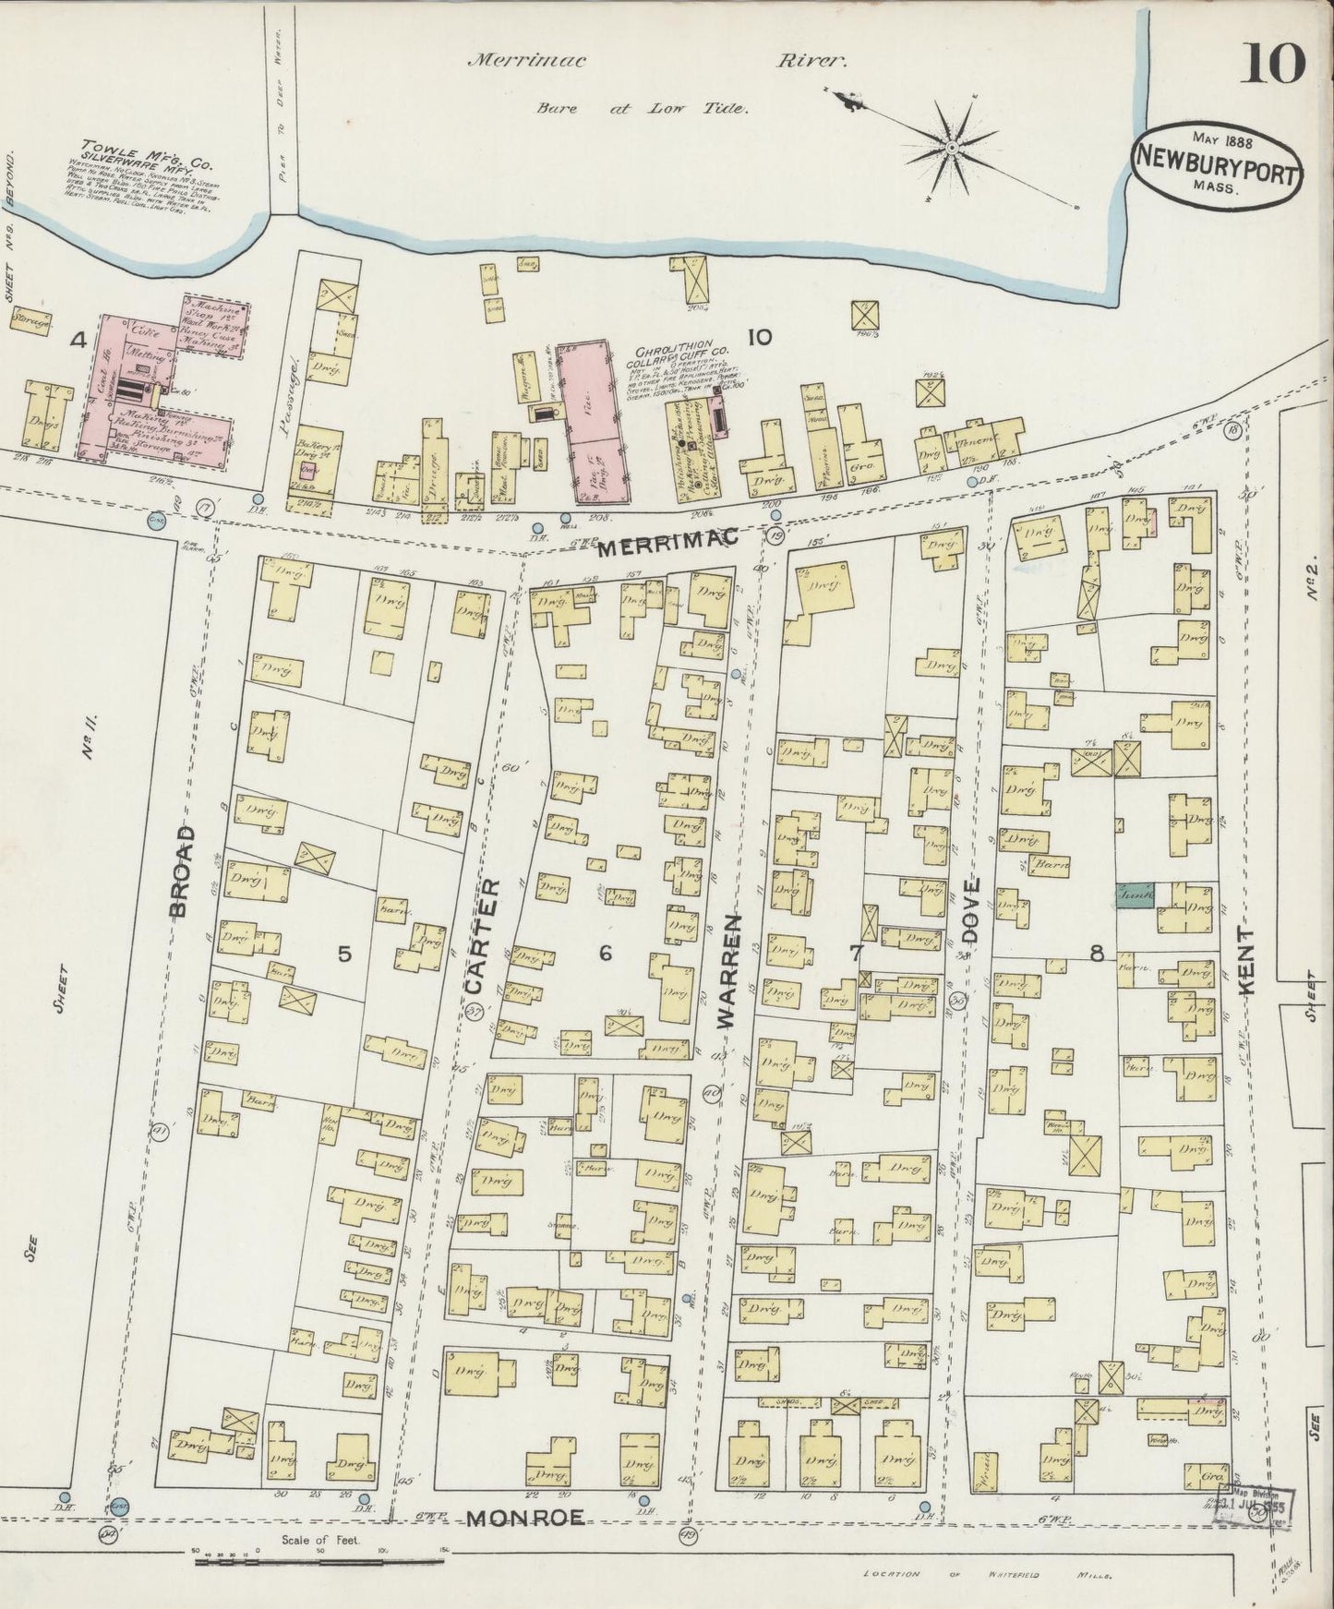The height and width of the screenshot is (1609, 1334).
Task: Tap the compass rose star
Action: click(x=951, y=148)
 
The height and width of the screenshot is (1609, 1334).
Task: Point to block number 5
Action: click(x=343, y=955)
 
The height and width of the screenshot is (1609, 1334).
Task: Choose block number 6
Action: click(x=605, y=954)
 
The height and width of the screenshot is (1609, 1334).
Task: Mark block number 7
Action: click(x=857, y=952)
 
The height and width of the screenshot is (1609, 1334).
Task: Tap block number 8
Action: click(x=1097, y=955)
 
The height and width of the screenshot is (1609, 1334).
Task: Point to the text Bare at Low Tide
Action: click(x=642, y=108)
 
